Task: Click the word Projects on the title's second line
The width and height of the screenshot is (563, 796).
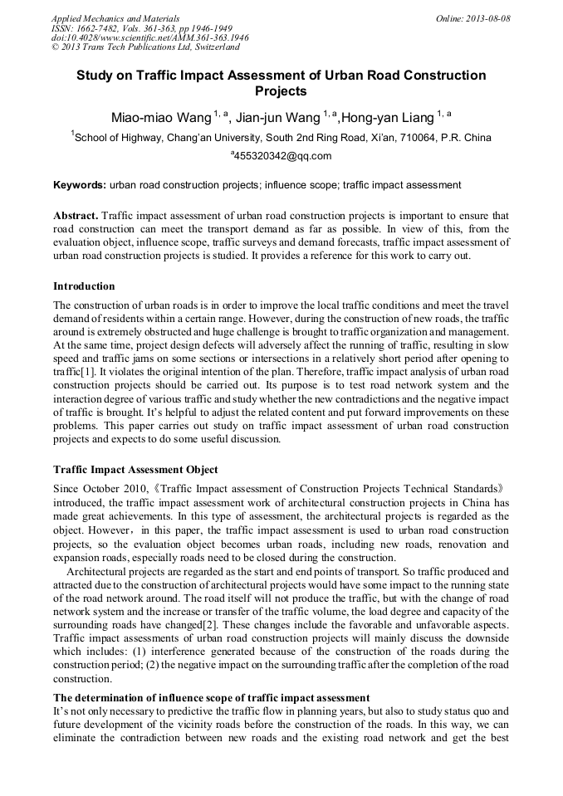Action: pyautogui.click(x=281, y=91)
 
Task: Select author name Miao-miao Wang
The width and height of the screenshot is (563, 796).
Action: pyautogui.click(x=161, y=118)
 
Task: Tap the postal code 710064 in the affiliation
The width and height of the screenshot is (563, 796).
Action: pyautogui.click(x=419, y=138)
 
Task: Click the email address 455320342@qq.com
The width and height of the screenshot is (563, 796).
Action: pyautogui.click(x=283, y=156)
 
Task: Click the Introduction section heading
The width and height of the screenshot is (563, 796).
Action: pyautogui.click(x=84, y=286)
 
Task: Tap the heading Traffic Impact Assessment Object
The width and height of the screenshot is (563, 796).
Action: pyautogui.click(x=135, y=469)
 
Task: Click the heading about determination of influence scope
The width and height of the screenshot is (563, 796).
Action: pyautogui.click(x=211, y=697)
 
